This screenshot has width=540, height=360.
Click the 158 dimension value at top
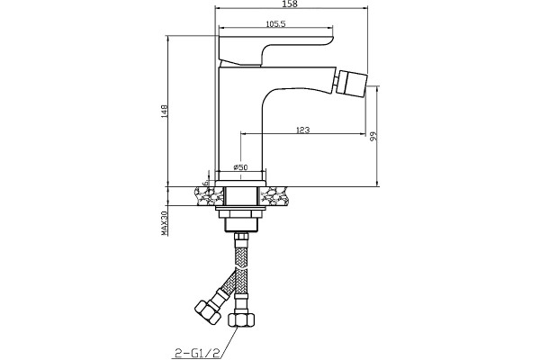pyautogui.click(x=289, y=4)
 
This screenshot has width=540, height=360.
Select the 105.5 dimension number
pyautogui.click(x=276, y=23)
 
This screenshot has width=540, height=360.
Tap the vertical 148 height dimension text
pyautogui.click(x=165, y=112)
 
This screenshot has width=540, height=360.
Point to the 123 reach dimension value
pyautogui.click(x=302, y=130)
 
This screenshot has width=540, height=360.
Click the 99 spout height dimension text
pyautogui.click(x=373, y=137)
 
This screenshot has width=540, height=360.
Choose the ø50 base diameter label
pyautogui.click(x=240, y=167)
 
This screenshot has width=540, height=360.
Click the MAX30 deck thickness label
pyautogui.click(x=165, y=223)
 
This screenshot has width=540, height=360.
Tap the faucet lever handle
pyautogui.click(x=275, y=49)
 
